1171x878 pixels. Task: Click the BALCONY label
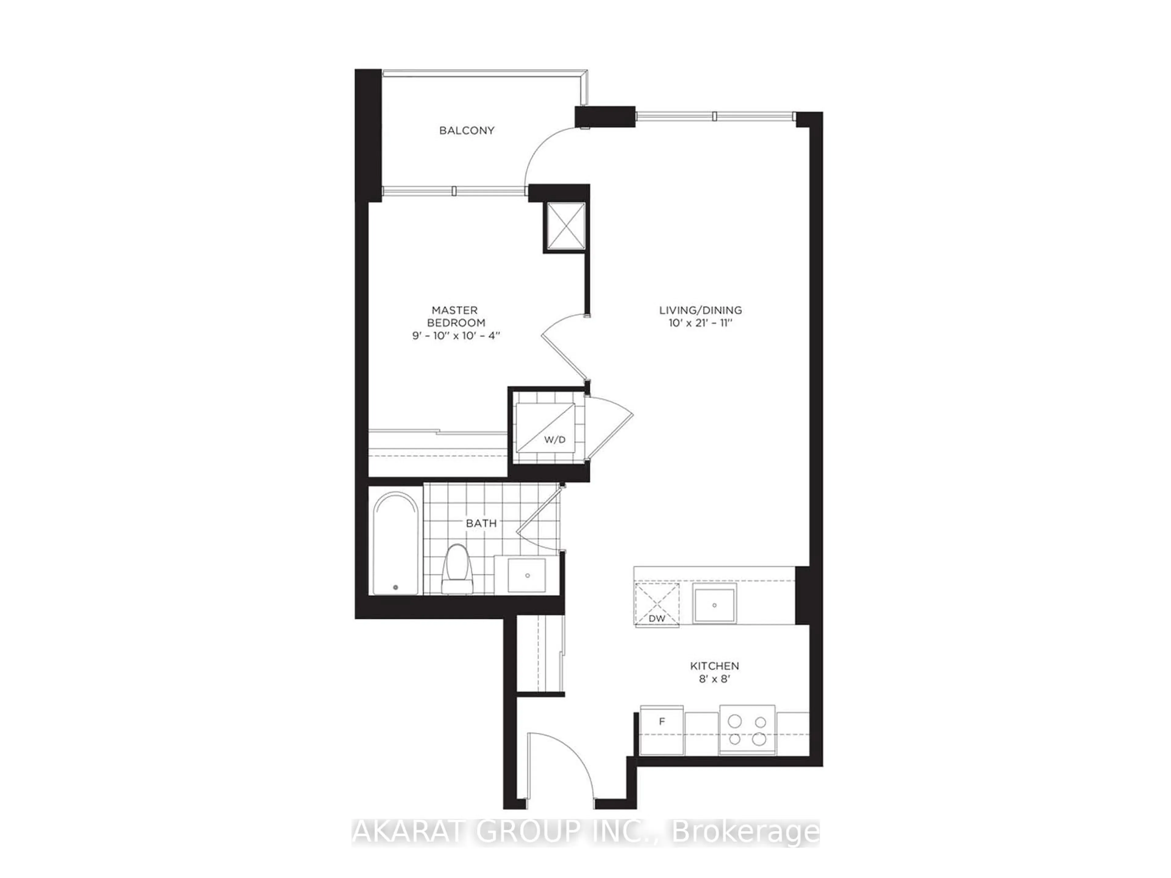(466, 130)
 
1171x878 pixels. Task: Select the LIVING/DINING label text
(700, 310)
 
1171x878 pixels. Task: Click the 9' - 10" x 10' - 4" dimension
(456, 336)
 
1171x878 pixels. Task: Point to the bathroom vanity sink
(526, 575)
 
